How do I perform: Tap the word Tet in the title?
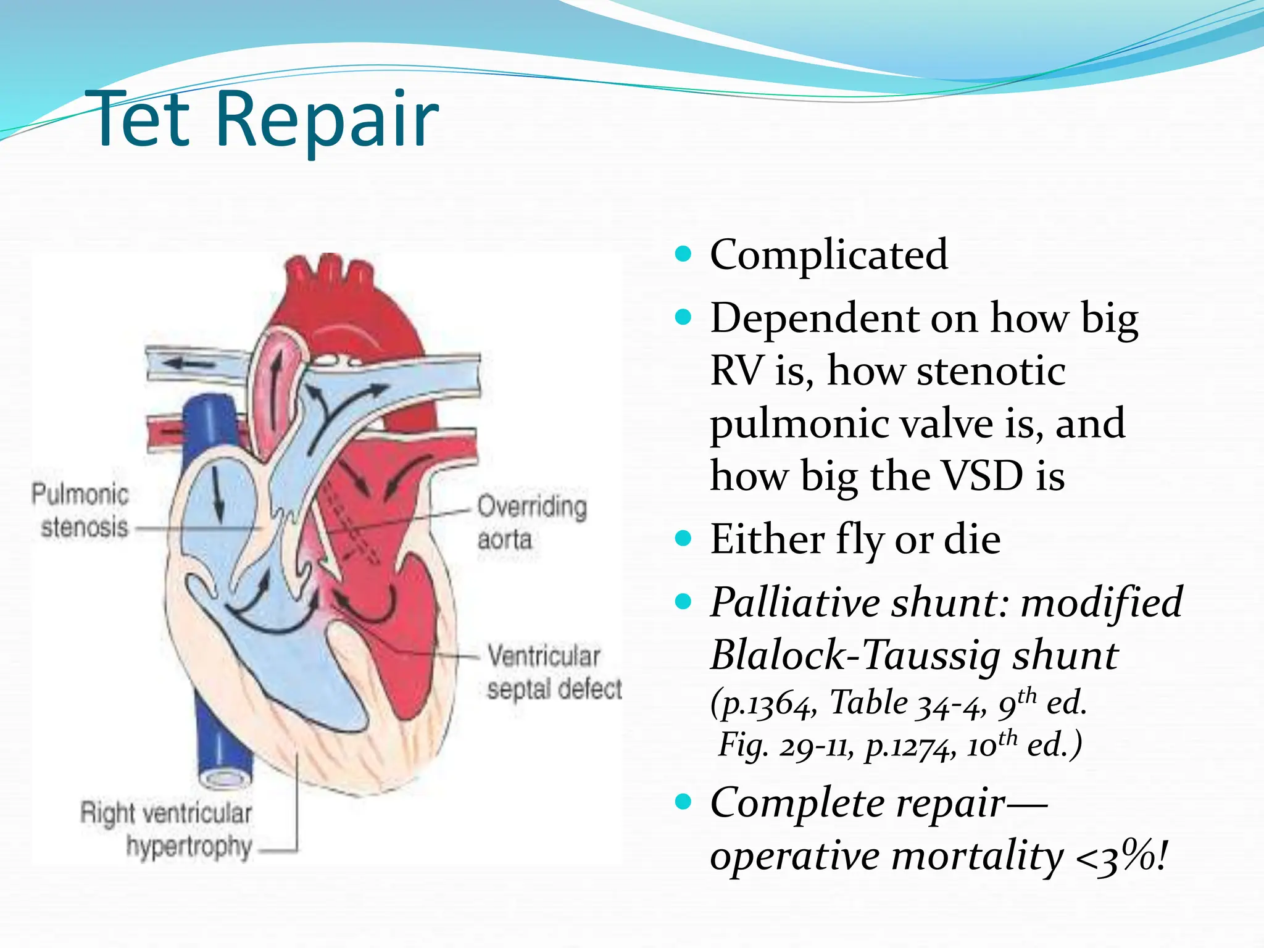[141, 120]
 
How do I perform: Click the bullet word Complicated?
[828, 254]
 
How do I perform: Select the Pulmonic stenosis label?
[81, 511]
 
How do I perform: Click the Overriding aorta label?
[531, 522]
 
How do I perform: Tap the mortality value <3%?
[1121, 857]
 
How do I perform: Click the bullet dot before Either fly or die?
[683, 538]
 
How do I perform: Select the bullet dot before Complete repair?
[683, 802]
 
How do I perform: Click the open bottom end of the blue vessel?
[225, 779]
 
